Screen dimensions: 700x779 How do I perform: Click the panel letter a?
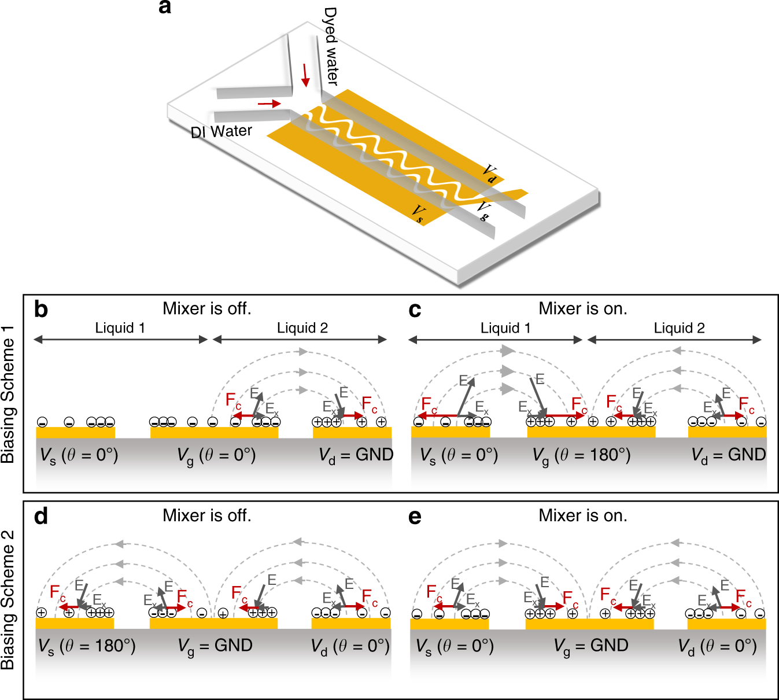(x=165, y=8)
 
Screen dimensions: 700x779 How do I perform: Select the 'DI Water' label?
(x=221, y=132)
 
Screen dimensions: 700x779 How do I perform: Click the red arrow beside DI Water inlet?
(x=269, y=104)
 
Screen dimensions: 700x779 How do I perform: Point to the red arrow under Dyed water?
(x=305, y=75)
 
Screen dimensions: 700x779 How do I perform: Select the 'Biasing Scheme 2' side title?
(x=8, y=600)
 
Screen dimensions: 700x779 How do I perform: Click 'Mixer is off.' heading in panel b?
(x=207, y=308)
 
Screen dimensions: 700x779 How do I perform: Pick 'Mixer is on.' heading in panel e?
(x=583, y=515)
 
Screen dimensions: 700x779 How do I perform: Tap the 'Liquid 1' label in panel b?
(x=120, y=328)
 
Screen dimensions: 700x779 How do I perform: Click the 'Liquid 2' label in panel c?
(x=679, y=328)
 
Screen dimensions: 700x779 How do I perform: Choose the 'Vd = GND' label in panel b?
(x=356, y=455)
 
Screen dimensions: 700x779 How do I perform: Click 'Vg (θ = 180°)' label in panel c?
(x=581, y=456)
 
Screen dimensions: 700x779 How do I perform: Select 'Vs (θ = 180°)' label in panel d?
(x=87, y=646)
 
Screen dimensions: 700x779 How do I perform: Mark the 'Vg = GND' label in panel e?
(x=591, y=646)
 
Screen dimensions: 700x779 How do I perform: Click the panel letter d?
(x=41, y=516)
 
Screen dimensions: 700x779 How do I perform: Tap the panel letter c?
(x=415, y=310)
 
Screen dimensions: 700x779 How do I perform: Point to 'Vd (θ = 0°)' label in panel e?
(x=717, y=646)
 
